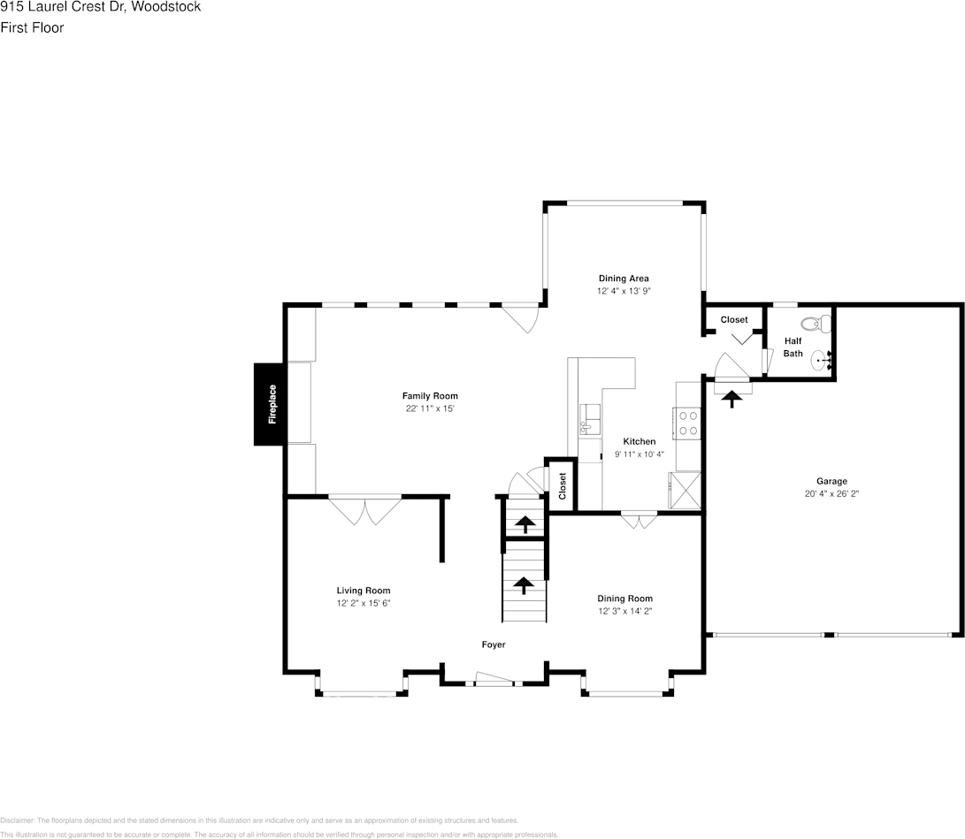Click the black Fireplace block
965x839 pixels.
(270, 404)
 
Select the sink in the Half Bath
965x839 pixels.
(821, 360)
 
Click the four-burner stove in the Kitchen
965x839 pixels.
(686, 423)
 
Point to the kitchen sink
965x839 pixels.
(589, 417)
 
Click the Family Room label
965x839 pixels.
(430, 396)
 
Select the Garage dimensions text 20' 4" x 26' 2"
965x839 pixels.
(831, 494)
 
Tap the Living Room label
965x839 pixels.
(363, 591)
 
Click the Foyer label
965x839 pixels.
(494, 645)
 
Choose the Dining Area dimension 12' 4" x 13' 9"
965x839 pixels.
(624, 291)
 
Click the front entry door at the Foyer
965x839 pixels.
(494, 680)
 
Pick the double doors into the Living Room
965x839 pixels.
(364, 510)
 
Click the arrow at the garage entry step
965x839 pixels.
(731, 399)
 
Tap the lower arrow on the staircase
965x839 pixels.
(524, 584)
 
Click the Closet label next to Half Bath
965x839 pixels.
(733, 319)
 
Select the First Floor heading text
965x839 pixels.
(32, 27)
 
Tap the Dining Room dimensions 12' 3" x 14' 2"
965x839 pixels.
(625, 611)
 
